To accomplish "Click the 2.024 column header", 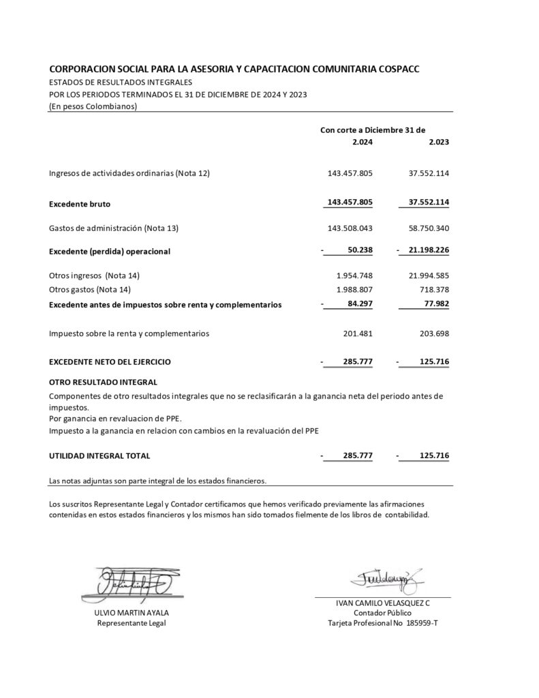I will coord(362,142).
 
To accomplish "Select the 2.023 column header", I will coord(438,142).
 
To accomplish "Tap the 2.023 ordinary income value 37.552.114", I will coord(429,173).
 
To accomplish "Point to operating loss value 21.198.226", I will coord(429,250).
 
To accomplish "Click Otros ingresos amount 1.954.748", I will coord(354,275).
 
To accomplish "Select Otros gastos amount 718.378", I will coord(433,290).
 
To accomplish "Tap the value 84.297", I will coord(359,304).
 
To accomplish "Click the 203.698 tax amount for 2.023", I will coord(433,333).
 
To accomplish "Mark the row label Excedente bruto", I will coord(80,204).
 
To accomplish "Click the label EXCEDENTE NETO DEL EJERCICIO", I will coord(110,361).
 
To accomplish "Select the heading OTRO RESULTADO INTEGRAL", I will coord(103,382).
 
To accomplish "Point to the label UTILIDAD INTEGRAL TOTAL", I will coord(99,455).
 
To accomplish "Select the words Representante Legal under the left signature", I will coord(132,623).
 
